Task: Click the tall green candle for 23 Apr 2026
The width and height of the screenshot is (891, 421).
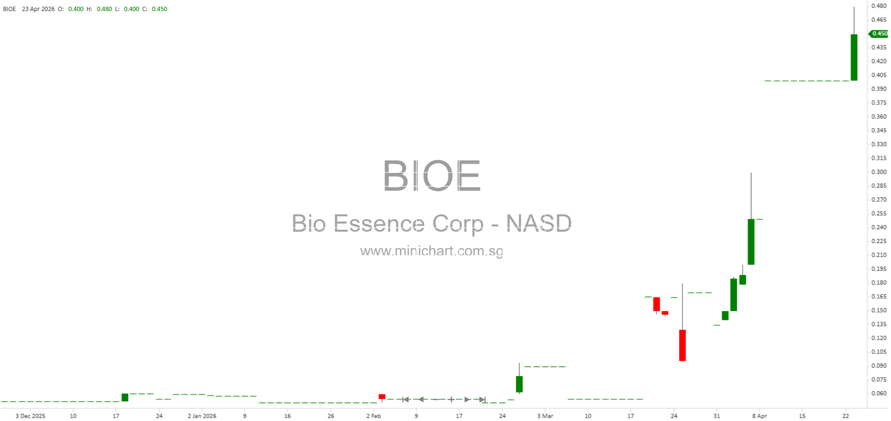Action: (x=854, y=57)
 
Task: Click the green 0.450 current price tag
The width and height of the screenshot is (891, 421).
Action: (x=878, y=34)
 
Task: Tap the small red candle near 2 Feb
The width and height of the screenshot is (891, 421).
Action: (x=382, y=396)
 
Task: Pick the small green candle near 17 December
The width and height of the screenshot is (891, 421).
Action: (x=125, y=397)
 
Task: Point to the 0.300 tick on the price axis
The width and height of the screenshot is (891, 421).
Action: (x=879, y=172)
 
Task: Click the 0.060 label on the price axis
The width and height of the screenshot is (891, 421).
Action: (x=879, y=394)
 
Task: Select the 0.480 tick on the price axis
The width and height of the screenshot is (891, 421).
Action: (x=879, y=6)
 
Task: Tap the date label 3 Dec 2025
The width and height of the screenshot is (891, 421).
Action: (x=30, y=416)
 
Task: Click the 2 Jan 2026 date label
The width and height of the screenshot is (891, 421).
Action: (x=202, y=416)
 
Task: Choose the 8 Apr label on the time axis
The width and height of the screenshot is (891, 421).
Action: (x=760, y=416)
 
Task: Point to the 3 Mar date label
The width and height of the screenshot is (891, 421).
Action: (x=545, y=416)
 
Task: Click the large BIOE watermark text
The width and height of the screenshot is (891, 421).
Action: (x=432, y=175)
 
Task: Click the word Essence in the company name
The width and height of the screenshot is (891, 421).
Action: (x=379, y=224)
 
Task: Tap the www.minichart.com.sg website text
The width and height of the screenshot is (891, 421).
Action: (x=432, y=251)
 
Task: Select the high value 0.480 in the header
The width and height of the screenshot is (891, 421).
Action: (x=105, y=9)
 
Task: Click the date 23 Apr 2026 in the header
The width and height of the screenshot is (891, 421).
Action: (x=38, y=9)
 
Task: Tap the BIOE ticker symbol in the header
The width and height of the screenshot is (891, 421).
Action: (x=10, y=9)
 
